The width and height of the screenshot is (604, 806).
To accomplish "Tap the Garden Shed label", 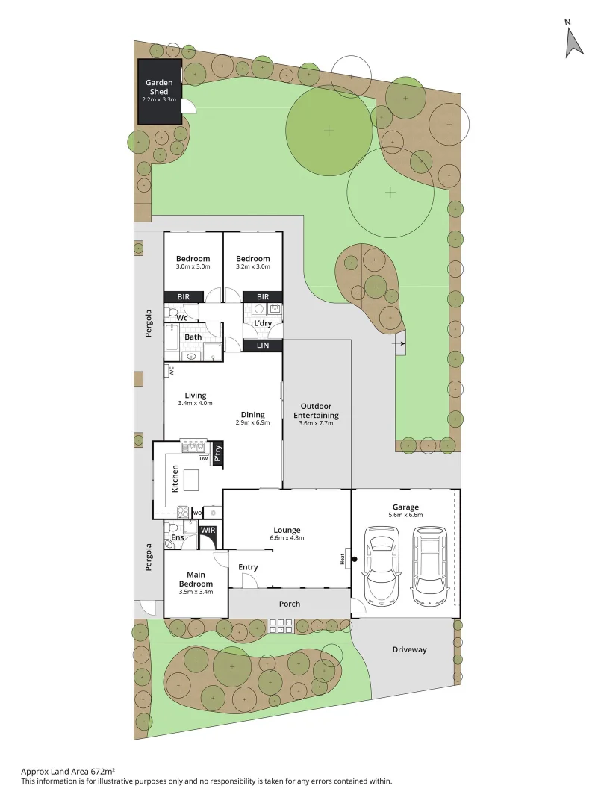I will pos(159,87).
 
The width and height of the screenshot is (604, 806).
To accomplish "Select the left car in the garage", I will pos(381,566).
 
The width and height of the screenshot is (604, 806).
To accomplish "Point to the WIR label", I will pos(207,531).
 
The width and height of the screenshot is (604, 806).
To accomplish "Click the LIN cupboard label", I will pos(263,346).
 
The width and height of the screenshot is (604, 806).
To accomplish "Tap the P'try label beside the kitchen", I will pos(217,454).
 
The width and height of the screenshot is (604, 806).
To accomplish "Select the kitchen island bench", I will pos(196,478).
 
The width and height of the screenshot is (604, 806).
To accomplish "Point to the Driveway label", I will pos(409,649).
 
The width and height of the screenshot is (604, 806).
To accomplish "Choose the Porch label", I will pos(289,604).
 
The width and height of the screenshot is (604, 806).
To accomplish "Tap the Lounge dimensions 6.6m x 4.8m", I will pos(287,537).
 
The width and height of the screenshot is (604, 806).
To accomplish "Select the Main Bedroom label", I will pos(196,578).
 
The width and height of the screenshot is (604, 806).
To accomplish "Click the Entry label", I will pos(248,567).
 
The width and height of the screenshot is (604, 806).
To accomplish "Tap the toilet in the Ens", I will pos(169,528).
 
